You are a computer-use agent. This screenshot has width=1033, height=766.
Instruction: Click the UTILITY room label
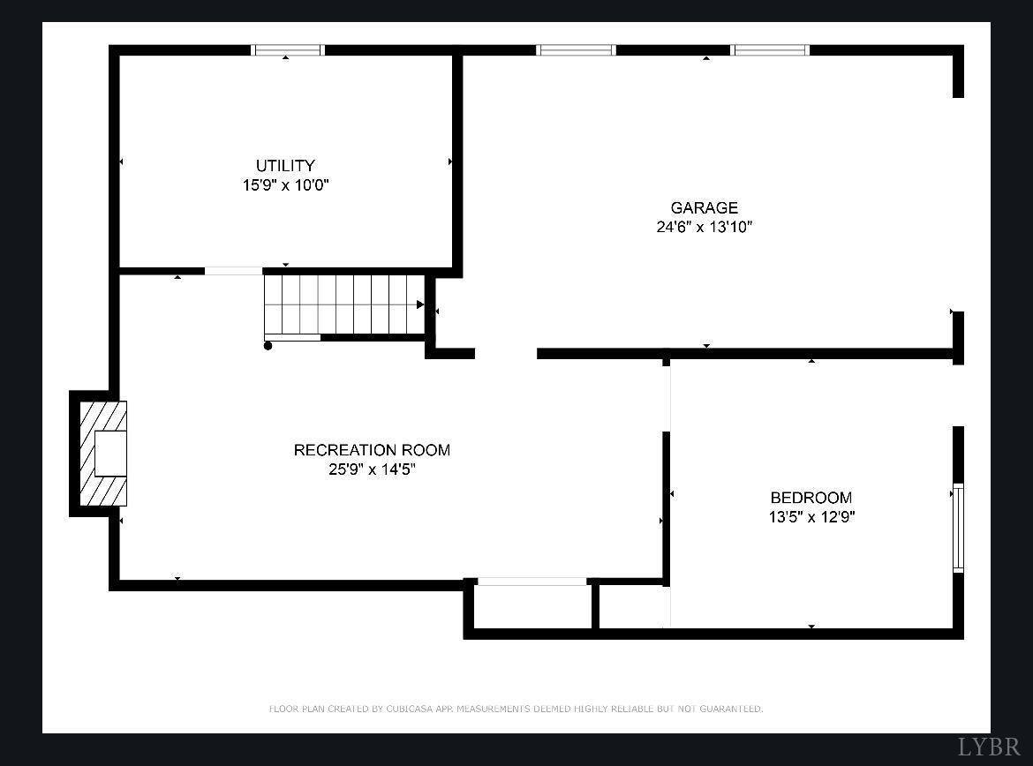pyautogui.click(x=285, y=166)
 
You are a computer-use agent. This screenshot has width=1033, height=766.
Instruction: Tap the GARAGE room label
pyautogui.click(x=704, y=208)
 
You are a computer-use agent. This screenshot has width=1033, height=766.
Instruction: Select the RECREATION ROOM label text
pyautogui.click(x=372, y=450)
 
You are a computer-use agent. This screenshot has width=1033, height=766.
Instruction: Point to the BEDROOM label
pyautogui.click(x=811, y=498)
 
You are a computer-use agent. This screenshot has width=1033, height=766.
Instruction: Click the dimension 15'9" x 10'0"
pyautogui.click(x=285, y=185)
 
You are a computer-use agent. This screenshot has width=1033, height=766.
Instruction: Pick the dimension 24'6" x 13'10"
pyautogui.click(x=704, y=227)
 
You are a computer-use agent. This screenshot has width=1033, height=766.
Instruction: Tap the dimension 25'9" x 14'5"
pyautogui.click(x=372, y=469)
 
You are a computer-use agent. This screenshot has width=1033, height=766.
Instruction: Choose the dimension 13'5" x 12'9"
pyautogui.click(x=811, y=517)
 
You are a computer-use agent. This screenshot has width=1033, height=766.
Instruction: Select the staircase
pyautogui.click(x=344, y=304)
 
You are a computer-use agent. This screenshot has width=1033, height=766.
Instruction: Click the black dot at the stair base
pyautogui.click(x=268, y=346)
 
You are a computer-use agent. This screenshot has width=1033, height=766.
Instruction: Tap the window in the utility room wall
pyautogui.click(x=289, y=50)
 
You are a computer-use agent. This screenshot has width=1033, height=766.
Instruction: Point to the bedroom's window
pyautogui.click(x=958, y=528)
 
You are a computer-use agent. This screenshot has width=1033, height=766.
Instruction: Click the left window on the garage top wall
pyautogui.click(x=576, y=50)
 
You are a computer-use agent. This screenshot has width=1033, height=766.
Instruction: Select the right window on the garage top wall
pyautogui.click(x=770, y=50)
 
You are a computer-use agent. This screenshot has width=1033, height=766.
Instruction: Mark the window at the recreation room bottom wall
pyautogui.click(x=532, y=582)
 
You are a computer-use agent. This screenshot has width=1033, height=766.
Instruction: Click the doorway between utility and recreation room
pyautogui.click(x=234, y=271)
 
